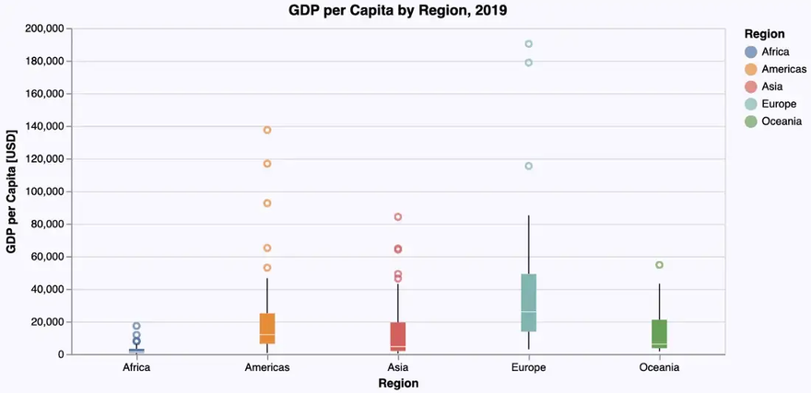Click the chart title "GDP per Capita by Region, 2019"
point(398,11)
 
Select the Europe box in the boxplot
point(528,303)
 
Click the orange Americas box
point(267,329)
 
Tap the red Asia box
point(398,337)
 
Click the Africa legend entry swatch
point(751,52)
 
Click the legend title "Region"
point(765,34)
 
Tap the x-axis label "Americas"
point(267,368)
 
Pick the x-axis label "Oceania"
point(659,368)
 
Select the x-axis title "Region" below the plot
point(398,384)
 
